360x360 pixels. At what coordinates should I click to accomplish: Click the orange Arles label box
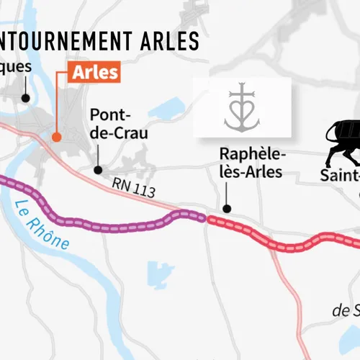click(x=94, y=73)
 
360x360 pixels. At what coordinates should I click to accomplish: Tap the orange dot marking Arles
click(x=55, y=135)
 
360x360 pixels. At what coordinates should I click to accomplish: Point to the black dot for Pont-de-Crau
click(x=97, y=171)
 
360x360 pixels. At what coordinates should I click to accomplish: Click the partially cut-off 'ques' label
click(x=16, y=67)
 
